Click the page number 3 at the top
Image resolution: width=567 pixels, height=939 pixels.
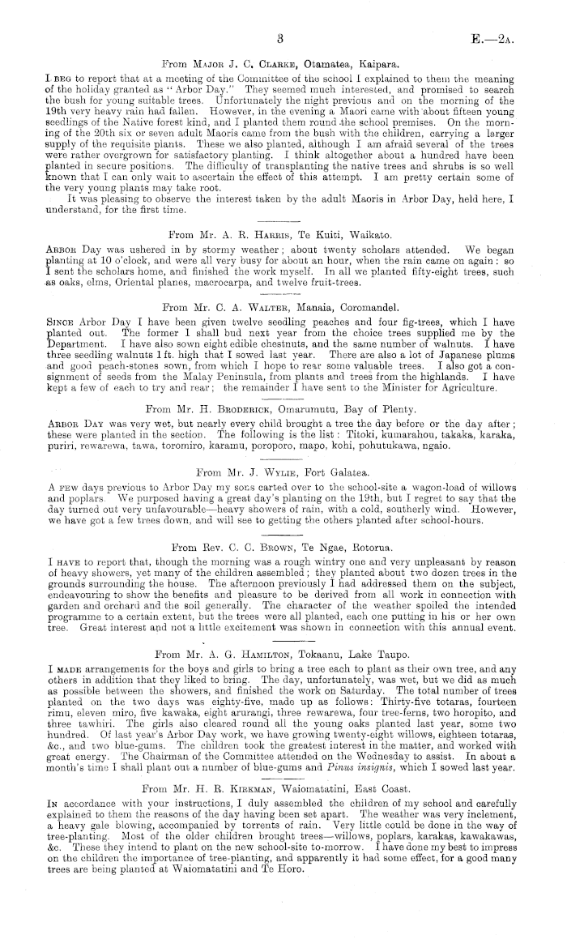(279, 38)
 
